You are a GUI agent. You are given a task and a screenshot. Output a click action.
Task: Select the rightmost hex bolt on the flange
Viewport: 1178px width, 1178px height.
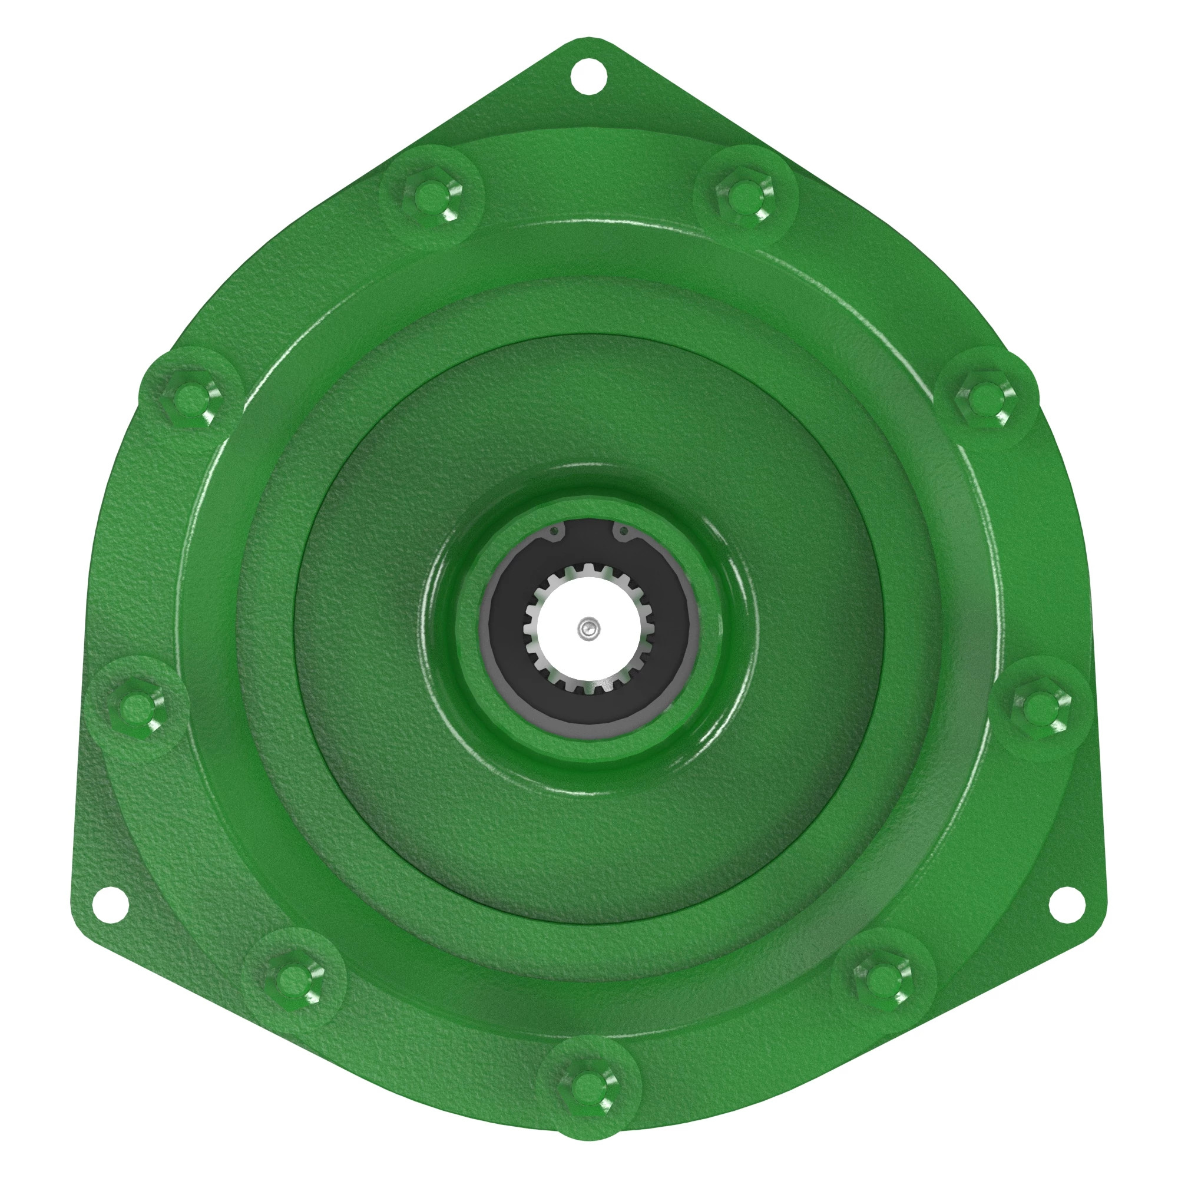1037,707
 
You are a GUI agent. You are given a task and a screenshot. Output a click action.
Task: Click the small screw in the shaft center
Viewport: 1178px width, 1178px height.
586,627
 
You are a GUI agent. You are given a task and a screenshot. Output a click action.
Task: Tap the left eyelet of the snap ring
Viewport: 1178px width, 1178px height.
554,532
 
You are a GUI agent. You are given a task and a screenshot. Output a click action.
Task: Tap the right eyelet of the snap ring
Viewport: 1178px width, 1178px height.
623,532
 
